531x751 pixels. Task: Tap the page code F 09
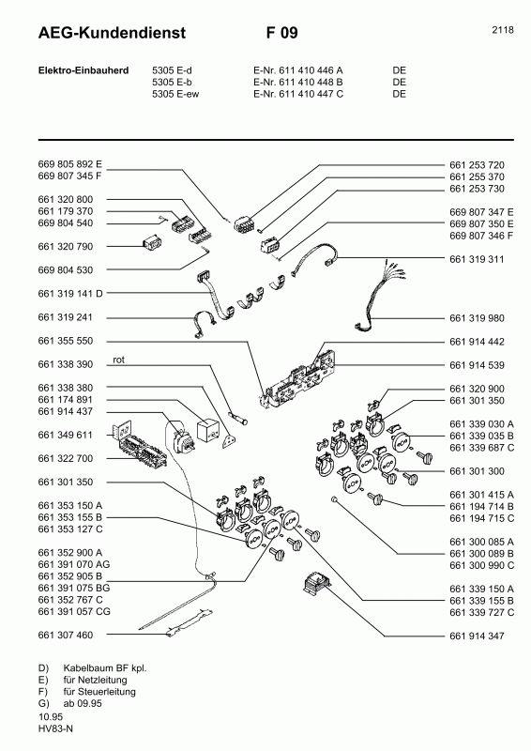(x=281, y=34)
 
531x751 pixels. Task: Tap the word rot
(x=119, y=360)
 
